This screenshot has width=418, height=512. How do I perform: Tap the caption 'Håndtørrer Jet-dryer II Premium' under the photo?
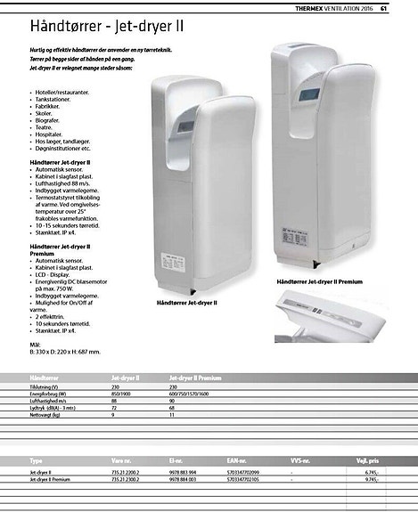[319, 281]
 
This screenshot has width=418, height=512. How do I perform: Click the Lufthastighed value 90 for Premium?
[172, 400]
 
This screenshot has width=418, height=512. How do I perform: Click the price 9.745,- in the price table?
[373, 480]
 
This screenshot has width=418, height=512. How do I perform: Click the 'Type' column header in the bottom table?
[37, 461]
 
